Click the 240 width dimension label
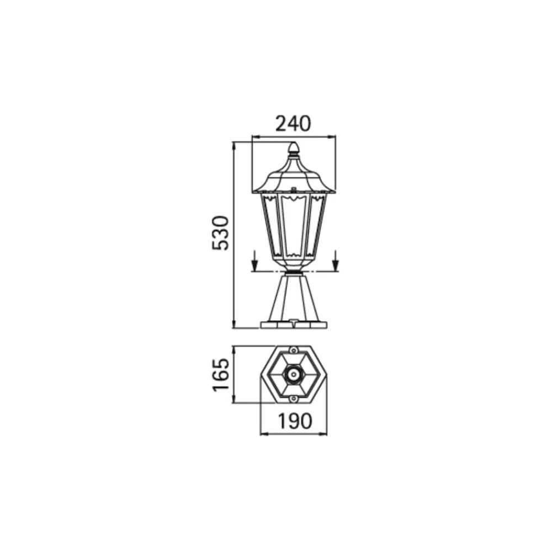coord(293,124)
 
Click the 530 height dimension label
coord(221,233)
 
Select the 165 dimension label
coord(221,375)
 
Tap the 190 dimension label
coord(295,421)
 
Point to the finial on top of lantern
coord(293,149)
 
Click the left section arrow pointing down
coord(255,261)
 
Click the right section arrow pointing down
coord(336,261)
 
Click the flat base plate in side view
coord(294,325)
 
